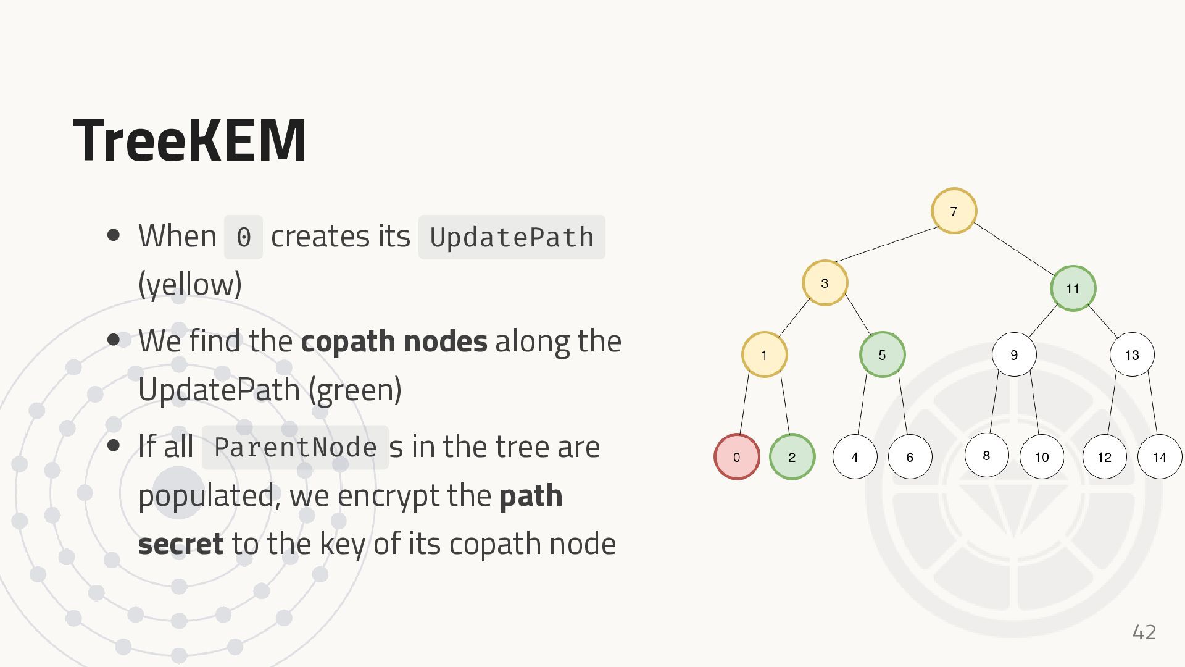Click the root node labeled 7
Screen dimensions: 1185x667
click(x=954, y=211)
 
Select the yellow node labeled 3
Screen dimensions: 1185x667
click(x=825, y=283)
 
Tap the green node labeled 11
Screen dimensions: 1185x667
click(x=1073, y=288)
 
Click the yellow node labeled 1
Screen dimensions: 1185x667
click(x=764, y=354)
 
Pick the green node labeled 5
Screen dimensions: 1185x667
click(x=882, y=354)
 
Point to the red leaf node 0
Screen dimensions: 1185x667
click(x=736, y=457)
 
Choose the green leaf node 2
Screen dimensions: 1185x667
click(x=792, y=457)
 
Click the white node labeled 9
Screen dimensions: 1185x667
click(x=1014, y=354)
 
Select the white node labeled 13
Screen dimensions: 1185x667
click(x=1132, y=354)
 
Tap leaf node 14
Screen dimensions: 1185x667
click(x=1160, y=457)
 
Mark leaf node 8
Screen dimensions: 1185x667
click(x=986, y=456)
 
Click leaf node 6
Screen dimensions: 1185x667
click(x=910, y=457)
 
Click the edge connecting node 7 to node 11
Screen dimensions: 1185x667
click(x=1014, y=249)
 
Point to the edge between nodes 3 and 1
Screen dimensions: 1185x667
click(x=794, y=318)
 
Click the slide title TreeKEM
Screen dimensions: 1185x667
click(x=189, y=140)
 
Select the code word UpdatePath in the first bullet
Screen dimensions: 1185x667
click(x=512, y=237)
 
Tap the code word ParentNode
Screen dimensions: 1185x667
click(x=295, y=447)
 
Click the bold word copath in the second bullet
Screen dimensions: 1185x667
click(x=347, y=341)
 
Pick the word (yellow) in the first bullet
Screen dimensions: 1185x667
click(x=190, y=284)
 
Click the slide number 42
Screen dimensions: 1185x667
click(x=1144, y=632)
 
